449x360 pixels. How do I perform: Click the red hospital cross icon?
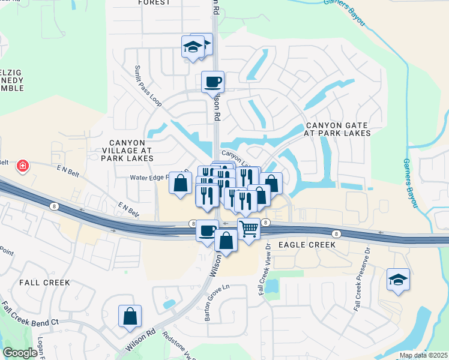[x=23, y=165]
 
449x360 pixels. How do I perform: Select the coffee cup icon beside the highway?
[x=208, y=230]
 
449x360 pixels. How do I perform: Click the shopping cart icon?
[x=249, y=228]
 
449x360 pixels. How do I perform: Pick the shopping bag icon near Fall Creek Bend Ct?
[x=130, y=316]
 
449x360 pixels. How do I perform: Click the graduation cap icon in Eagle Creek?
[x=397, y=279]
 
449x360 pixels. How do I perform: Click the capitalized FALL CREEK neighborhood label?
[x=44, y=282]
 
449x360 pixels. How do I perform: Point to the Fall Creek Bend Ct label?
[x=30, y=316]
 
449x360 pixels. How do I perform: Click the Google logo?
[x=20, y=353]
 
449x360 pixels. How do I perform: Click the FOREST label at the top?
[x=155, y=2]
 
